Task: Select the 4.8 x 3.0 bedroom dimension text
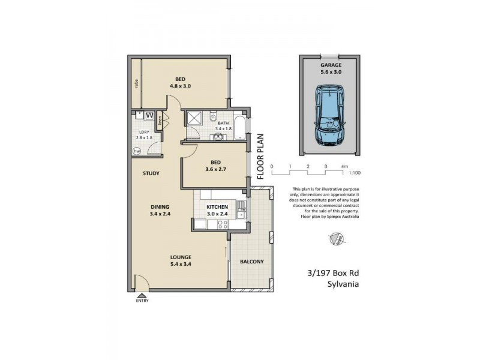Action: tap(180, 86)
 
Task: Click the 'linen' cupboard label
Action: tap(160, 122)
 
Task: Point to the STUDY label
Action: tap(151, 175)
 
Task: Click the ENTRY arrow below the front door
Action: tap(142, 295)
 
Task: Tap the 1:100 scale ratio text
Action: tap(355, 173)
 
